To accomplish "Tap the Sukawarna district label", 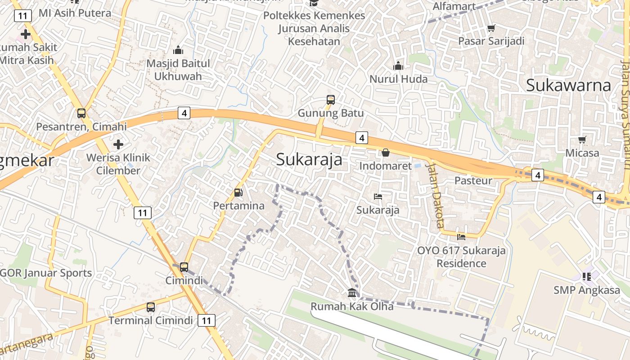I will (x=568, y=85).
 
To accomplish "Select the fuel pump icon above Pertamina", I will (x=238, y=193).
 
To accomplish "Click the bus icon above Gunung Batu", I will (x=331, y=100).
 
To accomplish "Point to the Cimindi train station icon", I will (x=184, y=267).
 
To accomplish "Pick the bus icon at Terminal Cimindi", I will (x=151, y=307).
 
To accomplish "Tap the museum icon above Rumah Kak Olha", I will (x=352, y=293).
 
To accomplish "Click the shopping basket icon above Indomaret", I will (x=386, y=153).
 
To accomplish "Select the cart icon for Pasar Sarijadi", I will (x=491, y=28).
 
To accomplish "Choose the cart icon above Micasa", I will (x=582, y=139).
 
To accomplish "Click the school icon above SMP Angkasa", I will (x=586, y=276).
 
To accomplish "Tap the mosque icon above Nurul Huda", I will (x=398, y=66).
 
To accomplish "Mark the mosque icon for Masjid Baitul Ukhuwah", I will (x=178, y=50).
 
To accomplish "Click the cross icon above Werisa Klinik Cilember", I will (x=118, y=144).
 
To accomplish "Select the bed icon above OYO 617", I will (x=461, y=237).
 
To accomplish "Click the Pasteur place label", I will (x=473, y=180).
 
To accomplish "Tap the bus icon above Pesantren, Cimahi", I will (x=81, y=113).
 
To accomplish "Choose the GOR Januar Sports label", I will (x=46, y=273).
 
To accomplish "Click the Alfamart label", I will (x=454, y=6).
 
